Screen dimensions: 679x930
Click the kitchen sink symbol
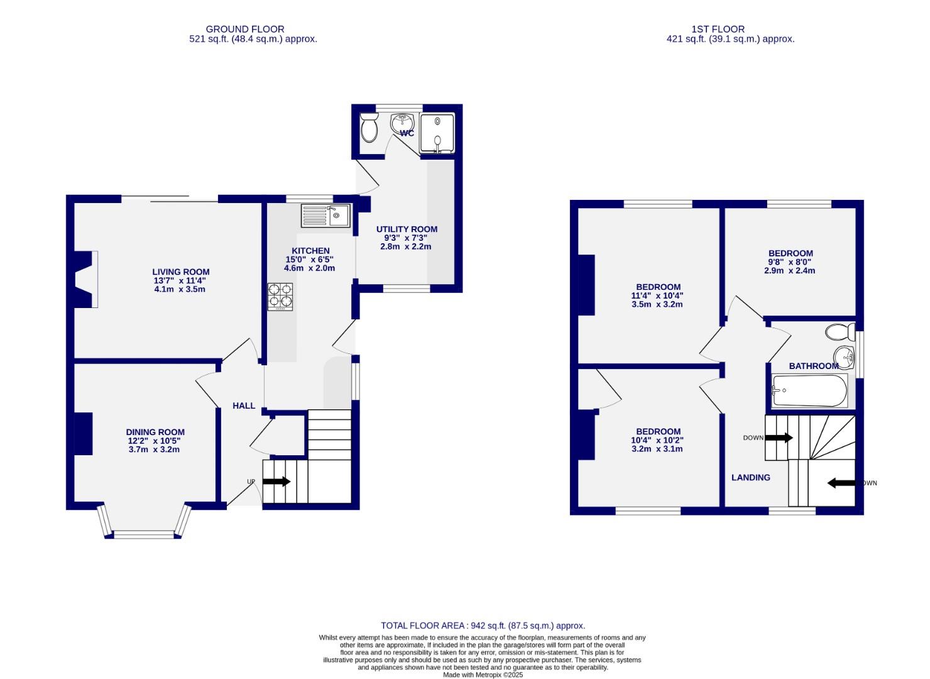coord(325,216)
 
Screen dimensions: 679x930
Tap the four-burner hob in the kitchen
coord(280,297)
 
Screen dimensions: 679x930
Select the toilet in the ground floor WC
coord(369,129)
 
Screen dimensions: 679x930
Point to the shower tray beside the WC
coord(437,133)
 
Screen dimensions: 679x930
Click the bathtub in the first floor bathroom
coord(809,391)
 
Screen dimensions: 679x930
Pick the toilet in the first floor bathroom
coord(840,331)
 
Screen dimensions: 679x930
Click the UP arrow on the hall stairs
coord(276,482)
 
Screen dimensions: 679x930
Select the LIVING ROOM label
coord(180,272)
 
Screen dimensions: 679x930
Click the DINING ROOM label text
coord(155,432)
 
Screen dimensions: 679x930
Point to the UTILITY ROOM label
coord(407,229)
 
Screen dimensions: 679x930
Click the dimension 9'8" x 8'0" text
coord(790,262)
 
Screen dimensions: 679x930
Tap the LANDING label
coord(750,477)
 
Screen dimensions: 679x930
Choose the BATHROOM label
coord(813,366)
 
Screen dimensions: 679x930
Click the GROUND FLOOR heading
coord(245,29)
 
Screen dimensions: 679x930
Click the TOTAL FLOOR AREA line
coord(483,626)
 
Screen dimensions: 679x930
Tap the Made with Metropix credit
coord(483,675)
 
